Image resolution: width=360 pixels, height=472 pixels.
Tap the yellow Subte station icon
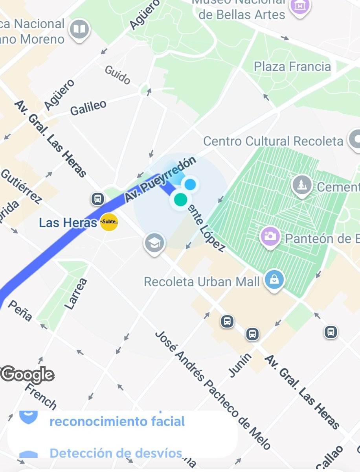click(x=109, y=223)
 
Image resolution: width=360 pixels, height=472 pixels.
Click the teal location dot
click(x=180, y=199)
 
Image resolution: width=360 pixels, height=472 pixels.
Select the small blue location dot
click(x=191, y=184)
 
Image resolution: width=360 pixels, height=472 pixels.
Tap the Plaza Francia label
click(x=292, y=66)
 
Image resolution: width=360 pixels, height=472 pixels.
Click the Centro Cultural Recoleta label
click(x=274, y=141)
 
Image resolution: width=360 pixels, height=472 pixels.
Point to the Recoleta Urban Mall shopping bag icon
click(x=274, y=280)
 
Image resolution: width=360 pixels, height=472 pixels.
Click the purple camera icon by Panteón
click(x=270, y=236)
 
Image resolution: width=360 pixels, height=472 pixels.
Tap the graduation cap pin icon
click(x=154, y=243)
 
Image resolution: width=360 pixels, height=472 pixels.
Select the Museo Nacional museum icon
click(x=300, y=6)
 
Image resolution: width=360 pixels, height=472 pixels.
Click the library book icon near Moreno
click(x=80, y=29)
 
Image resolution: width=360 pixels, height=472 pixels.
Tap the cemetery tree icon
click(x=302, y=184)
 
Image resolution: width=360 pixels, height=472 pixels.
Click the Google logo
click(x=27, y=375)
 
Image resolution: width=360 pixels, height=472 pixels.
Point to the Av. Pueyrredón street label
click(x=160, y=180)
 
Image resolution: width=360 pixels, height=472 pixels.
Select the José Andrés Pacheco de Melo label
click(x=212, y=389)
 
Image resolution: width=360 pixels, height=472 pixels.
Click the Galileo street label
click(x=88, y=107)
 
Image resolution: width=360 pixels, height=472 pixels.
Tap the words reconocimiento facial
click(x=117, y=422)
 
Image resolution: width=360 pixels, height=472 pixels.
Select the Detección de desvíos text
click(x=116, y=453)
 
